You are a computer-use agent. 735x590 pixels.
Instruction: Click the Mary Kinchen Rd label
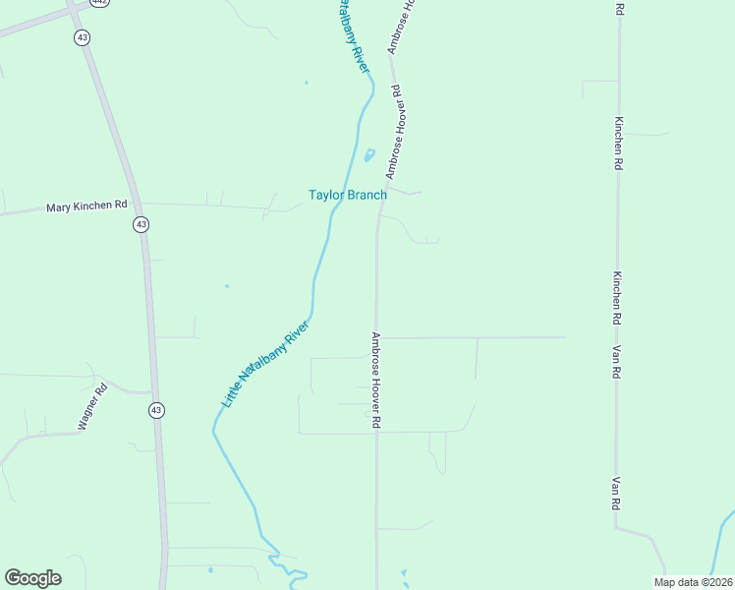coord(87,206)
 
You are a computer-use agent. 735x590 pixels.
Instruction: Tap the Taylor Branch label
coord(347,195)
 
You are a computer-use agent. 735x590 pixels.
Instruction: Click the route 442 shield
coord(99,3)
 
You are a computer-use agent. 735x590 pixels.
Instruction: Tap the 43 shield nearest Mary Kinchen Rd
coord(141,224)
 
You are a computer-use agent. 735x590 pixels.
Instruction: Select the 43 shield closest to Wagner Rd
coord(156,409)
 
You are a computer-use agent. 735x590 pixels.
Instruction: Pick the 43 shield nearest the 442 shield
coord(82,36)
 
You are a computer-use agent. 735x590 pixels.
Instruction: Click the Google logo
coord(32,578)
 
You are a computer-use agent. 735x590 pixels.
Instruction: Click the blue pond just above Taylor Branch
coord(369,155)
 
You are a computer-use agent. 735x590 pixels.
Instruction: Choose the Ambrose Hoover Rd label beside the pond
coord(393,131)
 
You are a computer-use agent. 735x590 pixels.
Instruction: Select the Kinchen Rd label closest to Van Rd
coord(617,298)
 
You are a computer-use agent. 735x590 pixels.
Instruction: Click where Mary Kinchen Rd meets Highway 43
coord(139,205)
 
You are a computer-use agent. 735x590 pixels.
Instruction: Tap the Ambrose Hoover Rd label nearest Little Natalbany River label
coord(375,379)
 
